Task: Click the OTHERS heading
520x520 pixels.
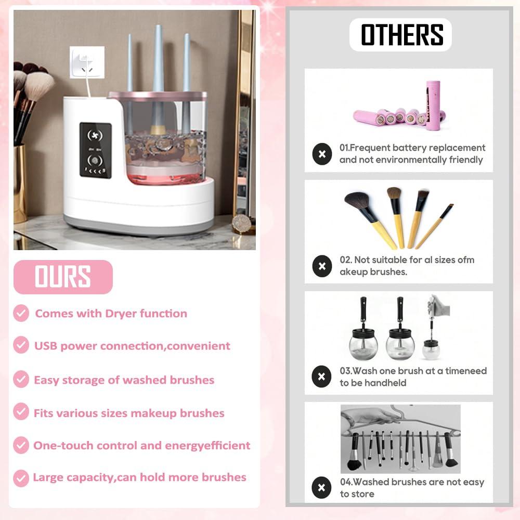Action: coord(401,35)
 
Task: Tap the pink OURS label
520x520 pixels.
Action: coord(63,277)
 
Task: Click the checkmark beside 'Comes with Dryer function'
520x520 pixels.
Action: coord(21,314)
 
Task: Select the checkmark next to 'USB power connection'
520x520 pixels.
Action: coord(21,345)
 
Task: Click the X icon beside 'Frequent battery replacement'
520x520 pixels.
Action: coord(322,154)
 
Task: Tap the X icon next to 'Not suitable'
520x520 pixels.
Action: coord(322,266)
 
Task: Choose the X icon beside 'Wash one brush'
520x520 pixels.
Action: coord(322,376)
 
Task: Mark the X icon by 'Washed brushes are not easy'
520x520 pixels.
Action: coord(322,488)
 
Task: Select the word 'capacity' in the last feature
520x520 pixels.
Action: coord(92,477)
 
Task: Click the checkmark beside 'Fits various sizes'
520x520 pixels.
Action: coord(21,412)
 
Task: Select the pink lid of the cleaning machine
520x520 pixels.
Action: coord(157,96)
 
